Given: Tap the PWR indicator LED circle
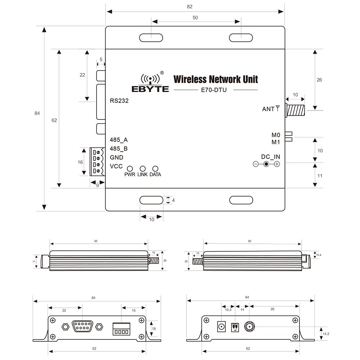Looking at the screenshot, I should pos(130,168).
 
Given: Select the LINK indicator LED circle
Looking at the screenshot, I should pos(143,168).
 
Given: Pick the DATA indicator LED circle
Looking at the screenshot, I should pos(156,168).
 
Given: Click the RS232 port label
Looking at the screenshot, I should pos(119,101).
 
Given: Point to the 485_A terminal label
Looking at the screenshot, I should pos(118,140).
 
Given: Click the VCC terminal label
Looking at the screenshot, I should pos(116,167).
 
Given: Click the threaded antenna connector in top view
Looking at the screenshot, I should pos(296,110).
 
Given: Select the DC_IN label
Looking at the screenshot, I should pos(270,157).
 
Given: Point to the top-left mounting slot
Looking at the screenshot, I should pos(151,37).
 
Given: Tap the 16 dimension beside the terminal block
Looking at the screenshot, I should pos(80,162).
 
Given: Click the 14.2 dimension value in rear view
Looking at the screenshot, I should pos(326,334).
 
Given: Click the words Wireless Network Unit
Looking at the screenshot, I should pos(216,79).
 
